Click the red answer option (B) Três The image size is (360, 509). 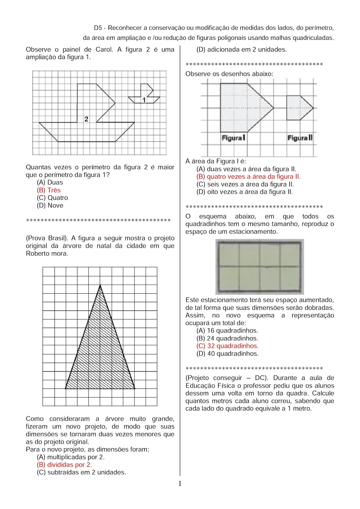point(49,190)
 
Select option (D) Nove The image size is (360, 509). point(50,206)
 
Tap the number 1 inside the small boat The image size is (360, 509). point(144,100)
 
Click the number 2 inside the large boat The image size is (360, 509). point(86,119)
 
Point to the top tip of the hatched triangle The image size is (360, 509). point(100,285)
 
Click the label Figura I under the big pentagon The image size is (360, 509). point(233,138)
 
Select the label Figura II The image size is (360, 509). point(300,138)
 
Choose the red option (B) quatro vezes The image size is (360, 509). point(248,177)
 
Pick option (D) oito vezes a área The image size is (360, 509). point(244,192)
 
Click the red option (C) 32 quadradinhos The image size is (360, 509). point(227,346)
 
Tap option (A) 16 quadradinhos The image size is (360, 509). point(227,331)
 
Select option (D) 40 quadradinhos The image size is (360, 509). point(227,354)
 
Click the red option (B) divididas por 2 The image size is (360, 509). point(64,465)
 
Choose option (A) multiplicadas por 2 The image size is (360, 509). point(71,457)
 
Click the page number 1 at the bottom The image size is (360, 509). point(180,484)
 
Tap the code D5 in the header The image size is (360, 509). point(98,28)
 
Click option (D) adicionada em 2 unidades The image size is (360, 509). point(242,50)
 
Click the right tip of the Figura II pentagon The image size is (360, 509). point(313,108)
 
